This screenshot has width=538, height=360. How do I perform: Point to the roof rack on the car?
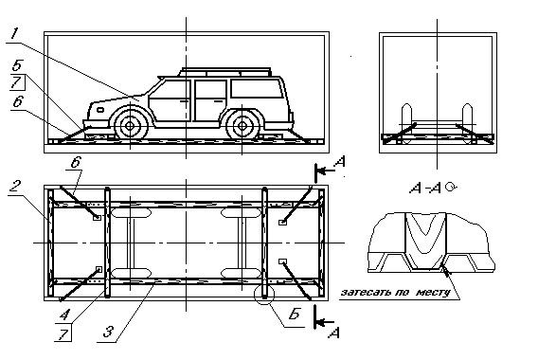[227, 71]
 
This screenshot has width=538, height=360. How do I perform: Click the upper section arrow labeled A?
[326, 171]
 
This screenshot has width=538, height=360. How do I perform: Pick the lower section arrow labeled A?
[326, 328]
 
